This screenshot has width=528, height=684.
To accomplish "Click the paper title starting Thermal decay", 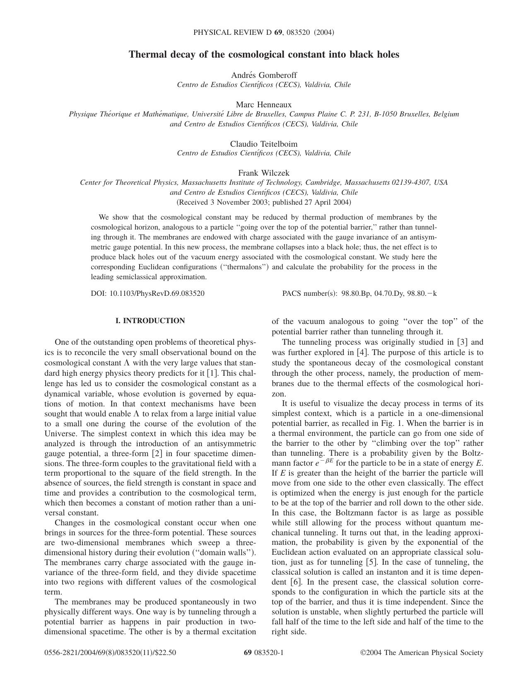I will [264, 54].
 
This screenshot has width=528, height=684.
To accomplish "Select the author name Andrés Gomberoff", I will [264, 75].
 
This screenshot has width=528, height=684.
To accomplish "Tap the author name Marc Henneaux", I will [264, 104].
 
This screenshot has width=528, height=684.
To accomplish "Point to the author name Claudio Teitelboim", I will [264, 144].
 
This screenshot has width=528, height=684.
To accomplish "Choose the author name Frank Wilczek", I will [264, 173].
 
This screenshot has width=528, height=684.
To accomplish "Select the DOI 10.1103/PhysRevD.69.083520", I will [157, 293].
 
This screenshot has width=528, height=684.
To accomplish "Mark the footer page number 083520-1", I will [269, 653].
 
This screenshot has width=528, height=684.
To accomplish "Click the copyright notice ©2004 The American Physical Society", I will [422, 653].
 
